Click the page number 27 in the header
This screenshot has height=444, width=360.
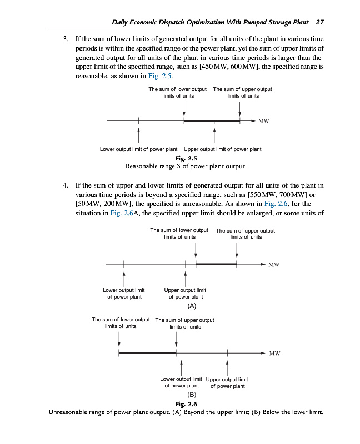click(x=319, y=22)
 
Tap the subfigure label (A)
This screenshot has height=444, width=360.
click(x=191, y=306)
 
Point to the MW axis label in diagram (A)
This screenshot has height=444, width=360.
click(x=273, y=265)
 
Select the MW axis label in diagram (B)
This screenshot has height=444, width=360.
click(x=274, y=354)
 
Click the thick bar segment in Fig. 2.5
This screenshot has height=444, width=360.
click(x=212, y=120)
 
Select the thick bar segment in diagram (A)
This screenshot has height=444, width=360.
click(x=216, y=264)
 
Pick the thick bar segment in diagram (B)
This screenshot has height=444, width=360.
click(x=147, y=353)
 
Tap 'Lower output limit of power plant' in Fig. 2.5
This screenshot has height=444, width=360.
click(x=138, y=149)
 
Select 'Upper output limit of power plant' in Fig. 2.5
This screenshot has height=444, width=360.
click(x=222, y=149)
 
